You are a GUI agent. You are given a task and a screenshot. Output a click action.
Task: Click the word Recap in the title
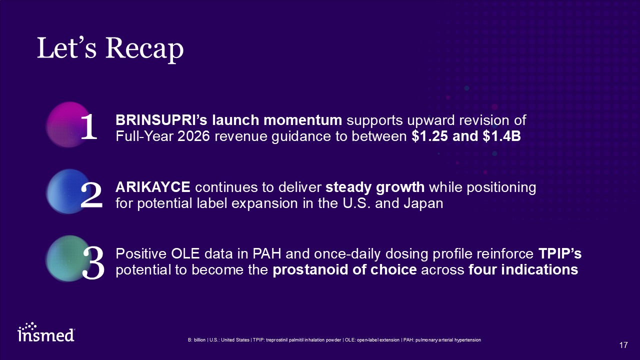(x=144, y=49)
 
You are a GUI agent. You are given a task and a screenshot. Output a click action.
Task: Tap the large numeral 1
(x=89, y=126)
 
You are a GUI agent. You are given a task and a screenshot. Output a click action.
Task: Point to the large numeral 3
(x=93, y=263)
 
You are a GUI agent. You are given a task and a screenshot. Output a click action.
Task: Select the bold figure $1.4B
(x=502, y=136)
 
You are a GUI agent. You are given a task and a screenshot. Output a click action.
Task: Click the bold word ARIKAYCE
(x=153, y=187)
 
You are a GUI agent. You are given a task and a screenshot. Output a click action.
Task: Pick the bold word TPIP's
(x=560, y=253)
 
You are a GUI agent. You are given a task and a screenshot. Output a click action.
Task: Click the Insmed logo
(x=46, y=332)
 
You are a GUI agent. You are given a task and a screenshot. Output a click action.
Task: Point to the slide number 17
(x=623, y=345)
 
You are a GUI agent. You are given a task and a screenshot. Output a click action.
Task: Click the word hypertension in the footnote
(x=467, y=340)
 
